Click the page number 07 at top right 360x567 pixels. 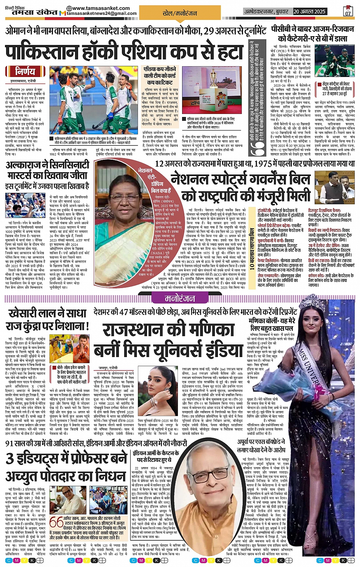(x=348, y=12)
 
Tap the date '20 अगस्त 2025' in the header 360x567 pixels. (x=309, y=11)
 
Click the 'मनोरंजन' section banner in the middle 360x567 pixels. (x=179, y=298)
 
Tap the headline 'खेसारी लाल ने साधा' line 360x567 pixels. (x=48, y=314)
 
